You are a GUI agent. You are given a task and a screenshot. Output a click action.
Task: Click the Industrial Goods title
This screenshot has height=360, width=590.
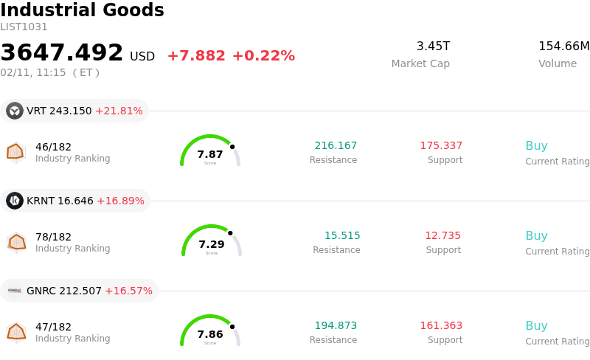tap(82, 10)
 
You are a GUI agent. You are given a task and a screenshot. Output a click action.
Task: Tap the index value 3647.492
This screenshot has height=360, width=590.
tap(62, 53)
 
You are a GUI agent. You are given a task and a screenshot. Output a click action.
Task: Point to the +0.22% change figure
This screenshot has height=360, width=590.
tap(263, 56)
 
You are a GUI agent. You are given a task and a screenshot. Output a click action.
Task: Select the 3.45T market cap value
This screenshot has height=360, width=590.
tap(433, 46)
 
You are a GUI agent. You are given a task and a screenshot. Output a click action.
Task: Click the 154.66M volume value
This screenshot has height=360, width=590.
tap(563, 46)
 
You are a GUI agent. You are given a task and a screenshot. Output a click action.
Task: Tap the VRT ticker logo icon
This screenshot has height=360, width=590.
tap(15, 111)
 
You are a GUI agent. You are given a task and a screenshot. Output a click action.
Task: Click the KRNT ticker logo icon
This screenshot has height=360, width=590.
tap(15, 201)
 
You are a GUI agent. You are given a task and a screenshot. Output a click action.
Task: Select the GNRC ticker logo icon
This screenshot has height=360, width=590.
tap(15, 291)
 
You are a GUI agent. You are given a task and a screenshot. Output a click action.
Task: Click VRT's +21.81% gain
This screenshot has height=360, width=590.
tap(119, 111)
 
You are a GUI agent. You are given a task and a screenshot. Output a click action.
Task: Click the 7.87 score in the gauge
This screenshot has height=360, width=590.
tap(210, 154)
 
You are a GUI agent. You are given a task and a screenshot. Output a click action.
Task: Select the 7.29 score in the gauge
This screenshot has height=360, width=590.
tap(212, 244)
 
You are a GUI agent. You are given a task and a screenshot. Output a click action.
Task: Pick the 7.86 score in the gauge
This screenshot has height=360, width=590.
tap(210, 334)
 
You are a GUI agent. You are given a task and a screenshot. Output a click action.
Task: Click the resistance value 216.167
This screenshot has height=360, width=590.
tap(336, 145)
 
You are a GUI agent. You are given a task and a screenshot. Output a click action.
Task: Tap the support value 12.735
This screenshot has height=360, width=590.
tap(442, 235)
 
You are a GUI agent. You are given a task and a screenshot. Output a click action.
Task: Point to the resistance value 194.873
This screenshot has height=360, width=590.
tap(336, 325)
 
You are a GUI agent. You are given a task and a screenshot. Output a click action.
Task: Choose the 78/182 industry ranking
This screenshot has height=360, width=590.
tap(53, 237)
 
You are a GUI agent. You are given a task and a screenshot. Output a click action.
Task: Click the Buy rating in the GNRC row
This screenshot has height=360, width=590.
tap(536, 325)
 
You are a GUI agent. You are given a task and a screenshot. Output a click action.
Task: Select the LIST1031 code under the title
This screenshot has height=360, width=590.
tap(24, 27)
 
